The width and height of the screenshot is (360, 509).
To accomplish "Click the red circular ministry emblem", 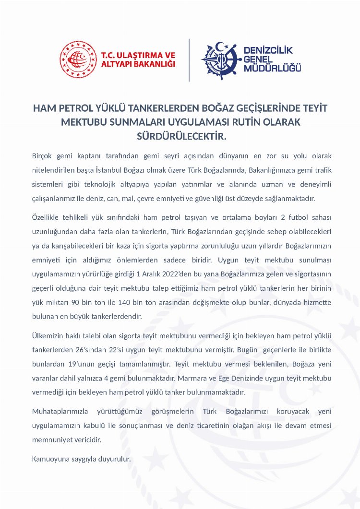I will [78, 59].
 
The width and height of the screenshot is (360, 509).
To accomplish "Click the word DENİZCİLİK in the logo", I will [268, 50].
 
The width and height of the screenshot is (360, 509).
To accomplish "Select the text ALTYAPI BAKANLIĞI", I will [138, 65].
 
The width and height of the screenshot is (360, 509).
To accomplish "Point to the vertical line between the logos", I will [189, 60].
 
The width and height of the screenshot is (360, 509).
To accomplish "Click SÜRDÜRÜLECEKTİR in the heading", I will [181, 137].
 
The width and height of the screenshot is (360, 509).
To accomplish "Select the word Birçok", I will [42, 156].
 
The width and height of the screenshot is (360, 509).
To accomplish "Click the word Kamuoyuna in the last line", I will [49, 459].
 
